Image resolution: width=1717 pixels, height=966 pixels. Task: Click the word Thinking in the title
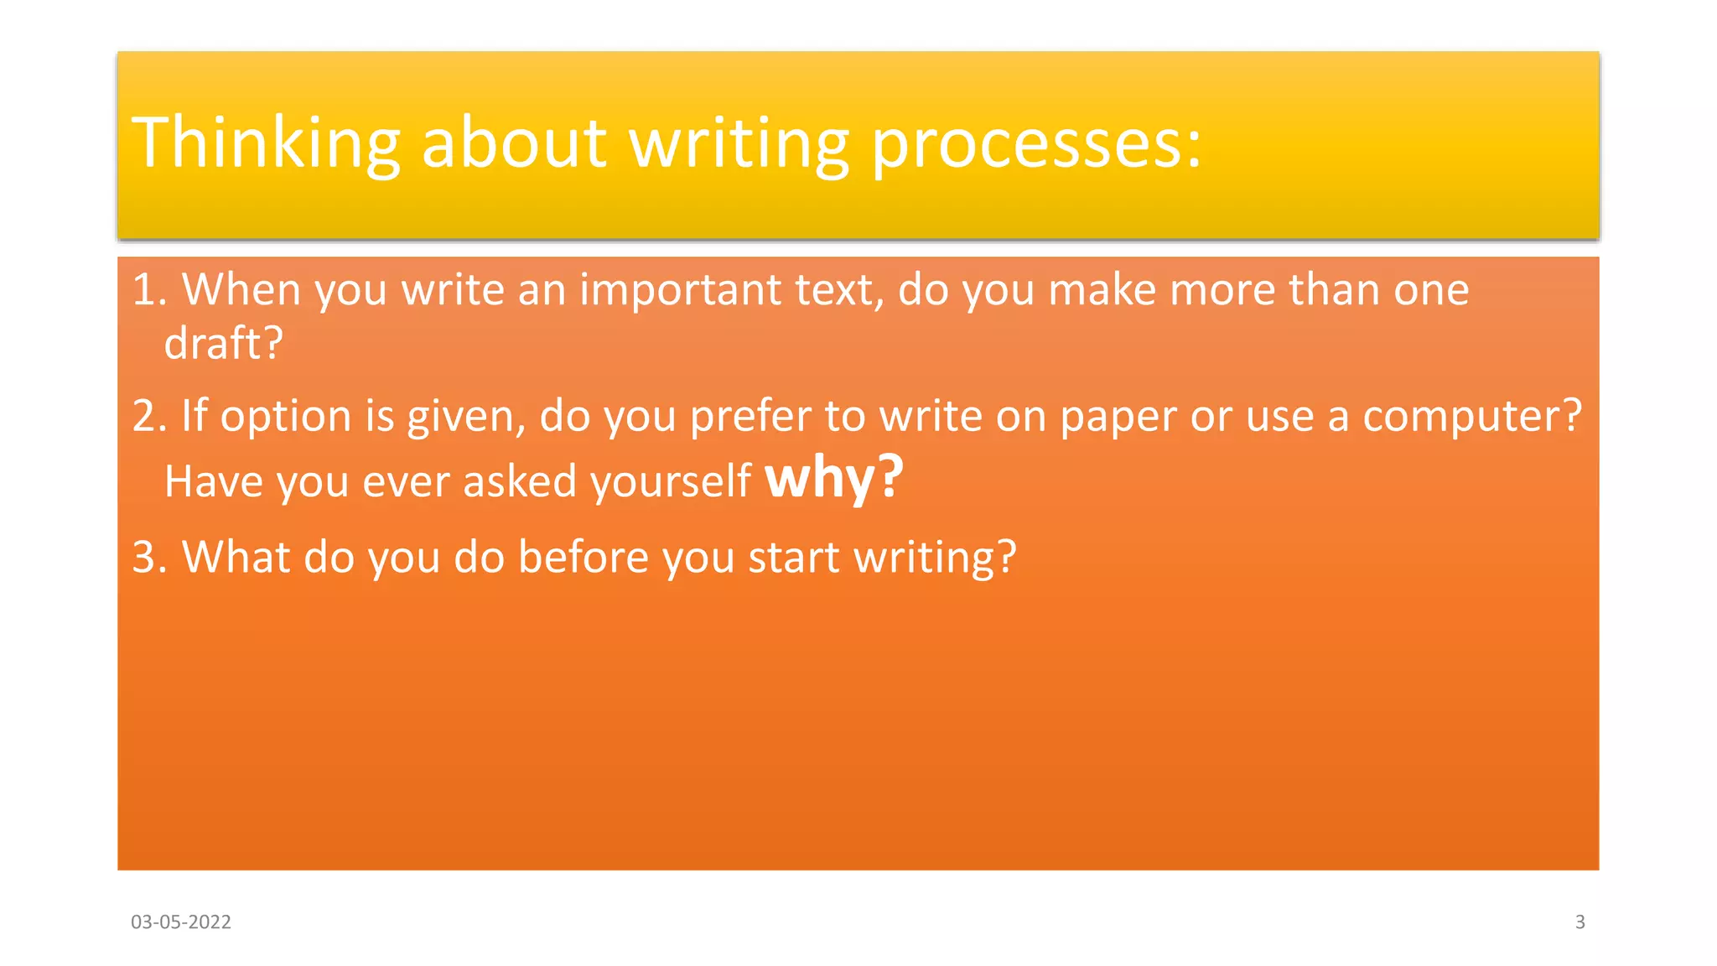[x=266, y=143]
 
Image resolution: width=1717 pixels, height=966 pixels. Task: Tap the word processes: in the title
[x=1037, y=143]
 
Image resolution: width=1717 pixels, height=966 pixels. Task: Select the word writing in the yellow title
[x=739, y=143]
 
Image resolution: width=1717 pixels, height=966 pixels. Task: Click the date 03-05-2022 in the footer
[x=181, y=922]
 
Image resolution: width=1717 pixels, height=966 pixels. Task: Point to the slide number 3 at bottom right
[x=1580, y=922]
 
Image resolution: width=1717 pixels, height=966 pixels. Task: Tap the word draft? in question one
[x=223, y=343]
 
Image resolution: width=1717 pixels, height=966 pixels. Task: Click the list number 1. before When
[x=150, y=289]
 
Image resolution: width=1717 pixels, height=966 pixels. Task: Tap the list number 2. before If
[x=150, y=416]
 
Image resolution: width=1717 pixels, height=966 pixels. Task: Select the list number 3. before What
[x=150, y=557]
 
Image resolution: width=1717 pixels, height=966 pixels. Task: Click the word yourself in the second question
[x=671, y=482]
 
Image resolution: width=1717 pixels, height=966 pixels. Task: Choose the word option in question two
[x=286, y=417]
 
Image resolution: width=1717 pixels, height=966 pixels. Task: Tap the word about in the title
[x=513, y=143]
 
